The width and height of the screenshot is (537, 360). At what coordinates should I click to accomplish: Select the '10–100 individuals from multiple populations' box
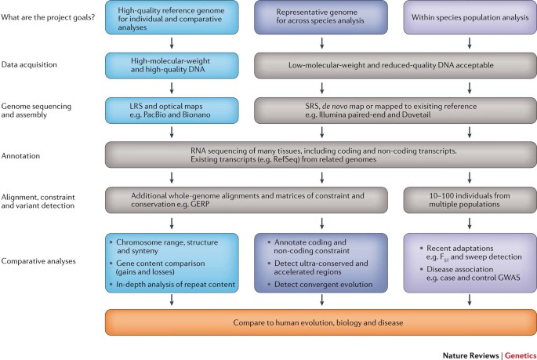(x=467, y=198)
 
